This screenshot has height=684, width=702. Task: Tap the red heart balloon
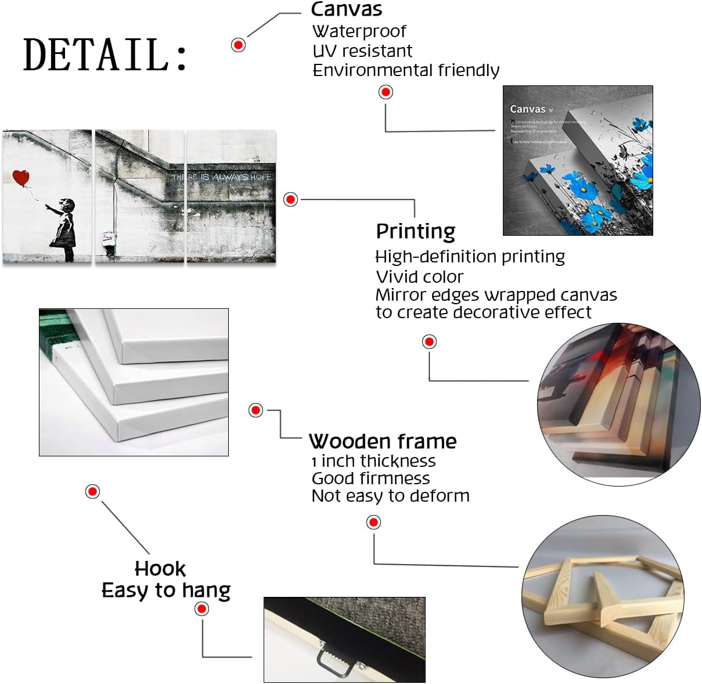pos(21,178)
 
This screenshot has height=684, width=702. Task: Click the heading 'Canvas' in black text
pos(347,9)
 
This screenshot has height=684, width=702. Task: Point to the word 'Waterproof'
pos(359,31)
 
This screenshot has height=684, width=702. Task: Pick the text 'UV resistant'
pos(362,51)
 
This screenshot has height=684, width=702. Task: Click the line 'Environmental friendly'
pos(406,70)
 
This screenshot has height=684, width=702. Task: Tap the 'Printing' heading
pos(416,231)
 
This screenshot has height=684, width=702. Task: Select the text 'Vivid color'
pos(420,276)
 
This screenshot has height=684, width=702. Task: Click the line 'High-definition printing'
pos(470,257)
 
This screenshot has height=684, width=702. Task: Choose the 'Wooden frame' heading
pos(383,441)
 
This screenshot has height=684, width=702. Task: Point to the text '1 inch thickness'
pos(373,461)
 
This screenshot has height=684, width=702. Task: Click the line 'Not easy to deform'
pos(390,496)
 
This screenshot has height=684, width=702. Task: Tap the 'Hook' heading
pos(160,568)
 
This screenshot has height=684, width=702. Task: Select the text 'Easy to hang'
pos(166,591)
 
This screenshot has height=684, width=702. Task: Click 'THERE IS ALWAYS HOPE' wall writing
pos(221,177)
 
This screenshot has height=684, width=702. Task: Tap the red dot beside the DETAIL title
pos(238,45)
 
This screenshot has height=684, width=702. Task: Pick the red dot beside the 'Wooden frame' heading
pos(255,410)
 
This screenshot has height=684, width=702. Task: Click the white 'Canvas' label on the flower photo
pos(528,109)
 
